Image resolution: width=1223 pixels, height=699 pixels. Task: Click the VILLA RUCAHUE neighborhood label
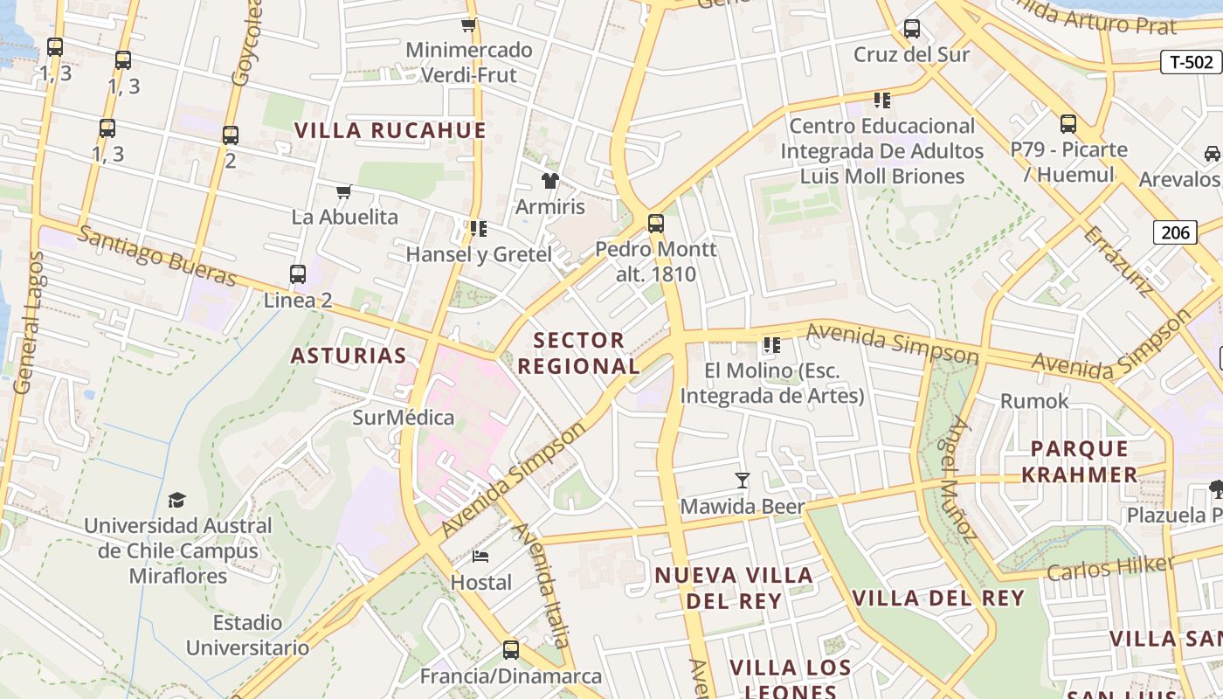pos(390,131)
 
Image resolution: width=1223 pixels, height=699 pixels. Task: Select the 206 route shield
pos(1175,232)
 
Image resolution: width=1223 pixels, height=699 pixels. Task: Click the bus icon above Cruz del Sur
pos(912,29)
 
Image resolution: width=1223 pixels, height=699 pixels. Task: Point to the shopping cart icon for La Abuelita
pos(344,191)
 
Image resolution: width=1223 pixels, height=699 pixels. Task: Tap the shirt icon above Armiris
pos(549,181)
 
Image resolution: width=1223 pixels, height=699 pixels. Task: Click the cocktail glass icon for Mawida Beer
pos(742,480)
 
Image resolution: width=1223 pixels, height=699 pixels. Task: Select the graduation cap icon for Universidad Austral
pos(177,500)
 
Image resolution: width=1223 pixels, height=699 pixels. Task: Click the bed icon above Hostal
pos(480,556)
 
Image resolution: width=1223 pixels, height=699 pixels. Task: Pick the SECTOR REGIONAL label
pos(579,353)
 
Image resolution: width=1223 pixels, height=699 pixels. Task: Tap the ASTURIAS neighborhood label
pos(349,356)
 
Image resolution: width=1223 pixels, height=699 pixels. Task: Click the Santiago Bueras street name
pos(157,256)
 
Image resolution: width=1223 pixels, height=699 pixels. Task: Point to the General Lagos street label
pos(25,322)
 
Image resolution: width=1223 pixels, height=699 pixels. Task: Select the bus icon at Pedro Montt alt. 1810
pos(655,224)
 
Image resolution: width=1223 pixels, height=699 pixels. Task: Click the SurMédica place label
pos(404,418)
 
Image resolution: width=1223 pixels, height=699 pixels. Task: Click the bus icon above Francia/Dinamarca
pos(511,650)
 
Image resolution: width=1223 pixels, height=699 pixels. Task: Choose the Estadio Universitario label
pos(247,635)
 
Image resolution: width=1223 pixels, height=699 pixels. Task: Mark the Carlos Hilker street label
pos(1109,568)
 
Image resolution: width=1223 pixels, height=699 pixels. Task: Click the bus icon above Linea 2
pos(298,274)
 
